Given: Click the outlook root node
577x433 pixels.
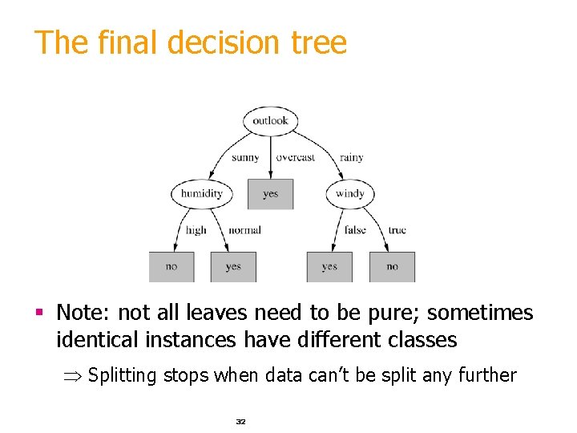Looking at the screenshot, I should (x=270, y=121).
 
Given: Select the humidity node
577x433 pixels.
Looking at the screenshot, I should (x=201, y=193).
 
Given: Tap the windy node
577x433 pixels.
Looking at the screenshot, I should (x=349, y=193).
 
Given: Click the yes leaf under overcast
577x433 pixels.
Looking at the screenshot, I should (x=270, y=193).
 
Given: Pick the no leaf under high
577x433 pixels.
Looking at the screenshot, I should (x=171, y=266).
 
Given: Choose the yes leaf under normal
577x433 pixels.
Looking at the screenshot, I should (x=233, y=266).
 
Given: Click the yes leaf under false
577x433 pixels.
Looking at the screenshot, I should (x=329, y=266).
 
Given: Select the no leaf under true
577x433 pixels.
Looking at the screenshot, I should (x=392, y=266).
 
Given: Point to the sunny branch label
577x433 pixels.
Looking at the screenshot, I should (x=245, y=157).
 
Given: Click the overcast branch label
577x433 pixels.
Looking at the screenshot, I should (x=296, y=157).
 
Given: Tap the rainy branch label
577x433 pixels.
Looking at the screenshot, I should (x=351, y=157).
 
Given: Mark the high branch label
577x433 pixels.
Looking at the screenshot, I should (x=196, y=230).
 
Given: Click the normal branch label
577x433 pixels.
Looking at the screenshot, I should (x=244, y=230).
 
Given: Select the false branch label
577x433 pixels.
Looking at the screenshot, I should (x=355, y=230).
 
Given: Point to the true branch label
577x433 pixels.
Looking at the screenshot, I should (x=397, y=230).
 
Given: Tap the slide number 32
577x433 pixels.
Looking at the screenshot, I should (x=240, y=421).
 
